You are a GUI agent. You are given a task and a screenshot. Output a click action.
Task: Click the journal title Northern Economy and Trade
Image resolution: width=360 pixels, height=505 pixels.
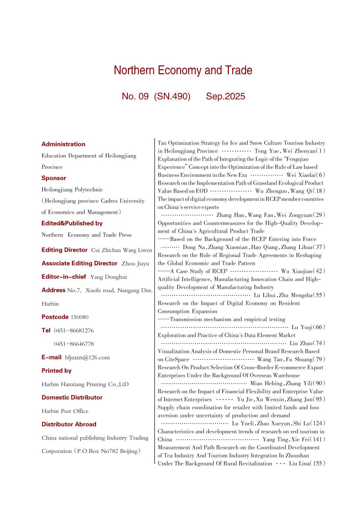pos(183,70)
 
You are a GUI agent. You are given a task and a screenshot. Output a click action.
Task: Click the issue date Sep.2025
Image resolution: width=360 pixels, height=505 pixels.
pos(225,96)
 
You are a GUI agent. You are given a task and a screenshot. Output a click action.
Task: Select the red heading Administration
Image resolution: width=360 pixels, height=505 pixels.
pos(63,144)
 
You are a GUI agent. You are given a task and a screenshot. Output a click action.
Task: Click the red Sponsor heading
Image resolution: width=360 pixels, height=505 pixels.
pos(54,178)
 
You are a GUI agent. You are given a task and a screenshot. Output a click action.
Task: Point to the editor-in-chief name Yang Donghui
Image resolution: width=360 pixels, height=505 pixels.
pos(108,277)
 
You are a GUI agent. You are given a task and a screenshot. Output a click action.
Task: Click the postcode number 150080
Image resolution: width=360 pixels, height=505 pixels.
pos(79,317)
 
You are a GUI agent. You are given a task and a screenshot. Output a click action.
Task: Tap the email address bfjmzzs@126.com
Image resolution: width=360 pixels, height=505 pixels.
pos(87,358)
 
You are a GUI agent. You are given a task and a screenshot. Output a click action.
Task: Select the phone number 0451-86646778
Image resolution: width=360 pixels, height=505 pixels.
pos(74,344)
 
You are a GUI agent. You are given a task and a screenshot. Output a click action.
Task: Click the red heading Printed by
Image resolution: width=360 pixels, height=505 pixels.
pos(56,371)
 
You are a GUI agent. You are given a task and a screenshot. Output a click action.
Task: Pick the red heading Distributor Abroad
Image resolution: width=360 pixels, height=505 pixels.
pos(69,424)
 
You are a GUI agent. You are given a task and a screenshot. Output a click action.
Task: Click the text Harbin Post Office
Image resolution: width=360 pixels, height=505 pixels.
pos(65,411)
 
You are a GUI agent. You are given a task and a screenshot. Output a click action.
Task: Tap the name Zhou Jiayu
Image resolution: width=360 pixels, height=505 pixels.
pos(135,264)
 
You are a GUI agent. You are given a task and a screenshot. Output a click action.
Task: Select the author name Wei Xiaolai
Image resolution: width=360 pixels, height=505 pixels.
pos(300,175)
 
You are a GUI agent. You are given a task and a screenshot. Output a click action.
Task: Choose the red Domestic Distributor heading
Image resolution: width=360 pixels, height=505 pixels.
pos(72,398)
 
